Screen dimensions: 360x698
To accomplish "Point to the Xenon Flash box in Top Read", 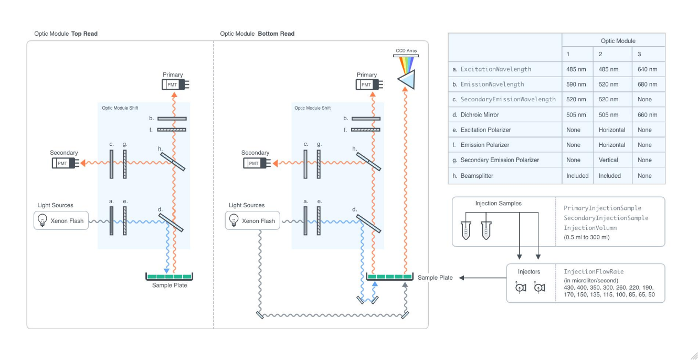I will tap(61, 221).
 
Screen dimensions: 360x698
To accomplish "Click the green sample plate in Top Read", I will tap(169, 277).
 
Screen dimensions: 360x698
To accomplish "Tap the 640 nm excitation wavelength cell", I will tap(648, 69).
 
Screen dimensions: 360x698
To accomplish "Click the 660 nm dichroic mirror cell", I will tap(648, 114).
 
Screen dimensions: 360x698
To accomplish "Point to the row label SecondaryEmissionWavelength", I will tap(507, 99).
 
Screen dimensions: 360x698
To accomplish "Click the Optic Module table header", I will tap(618, 41).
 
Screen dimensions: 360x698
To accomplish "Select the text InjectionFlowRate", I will tap(594, 272).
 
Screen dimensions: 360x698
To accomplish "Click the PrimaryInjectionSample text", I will tap(602, 208).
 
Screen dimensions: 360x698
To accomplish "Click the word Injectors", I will tap(528, 272).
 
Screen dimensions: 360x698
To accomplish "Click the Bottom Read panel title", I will tap(257, 34).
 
